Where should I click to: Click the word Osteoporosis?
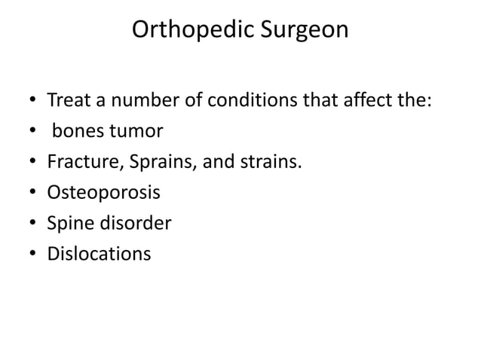(103, 193)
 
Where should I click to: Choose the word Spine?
(69, 224)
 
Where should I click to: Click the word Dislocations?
(99, 254)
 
